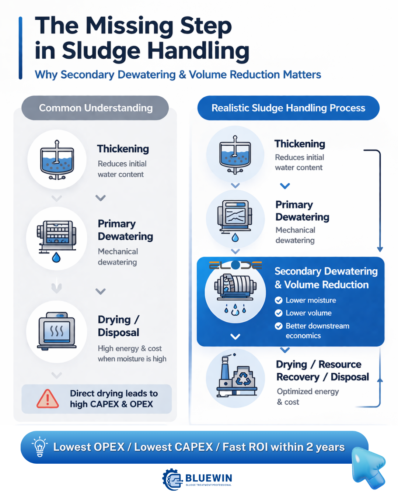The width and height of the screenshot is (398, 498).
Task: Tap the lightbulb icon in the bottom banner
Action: (x=40, y=446)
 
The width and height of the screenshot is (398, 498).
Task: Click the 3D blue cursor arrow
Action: (x=369, y=467)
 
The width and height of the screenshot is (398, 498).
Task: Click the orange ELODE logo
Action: (x=235, y=265)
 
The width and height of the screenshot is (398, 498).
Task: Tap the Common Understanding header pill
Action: (x=95, y=108)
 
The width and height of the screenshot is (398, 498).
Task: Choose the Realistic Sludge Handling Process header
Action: (x=289, y=108)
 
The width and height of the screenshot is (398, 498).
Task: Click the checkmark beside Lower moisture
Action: (x=279, y=300)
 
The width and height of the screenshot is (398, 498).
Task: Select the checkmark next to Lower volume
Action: (x=279, y=313)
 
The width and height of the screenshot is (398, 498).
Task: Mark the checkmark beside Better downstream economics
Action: (x=279, y=326)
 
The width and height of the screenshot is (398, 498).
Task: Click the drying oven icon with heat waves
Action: (x=57, y=331)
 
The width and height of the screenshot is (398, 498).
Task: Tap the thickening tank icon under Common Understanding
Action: (x=57, y=160)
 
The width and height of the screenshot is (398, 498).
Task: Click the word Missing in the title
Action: (x=129, y=27)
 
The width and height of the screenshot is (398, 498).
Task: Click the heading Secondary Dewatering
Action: (x=326, y=271)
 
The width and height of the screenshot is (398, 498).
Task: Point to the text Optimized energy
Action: (x=308, y=391)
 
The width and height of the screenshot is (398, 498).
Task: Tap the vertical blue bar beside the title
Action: (x=21, y=48)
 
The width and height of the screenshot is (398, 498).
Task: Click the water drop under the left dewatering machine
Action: (x=56, y=257)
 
